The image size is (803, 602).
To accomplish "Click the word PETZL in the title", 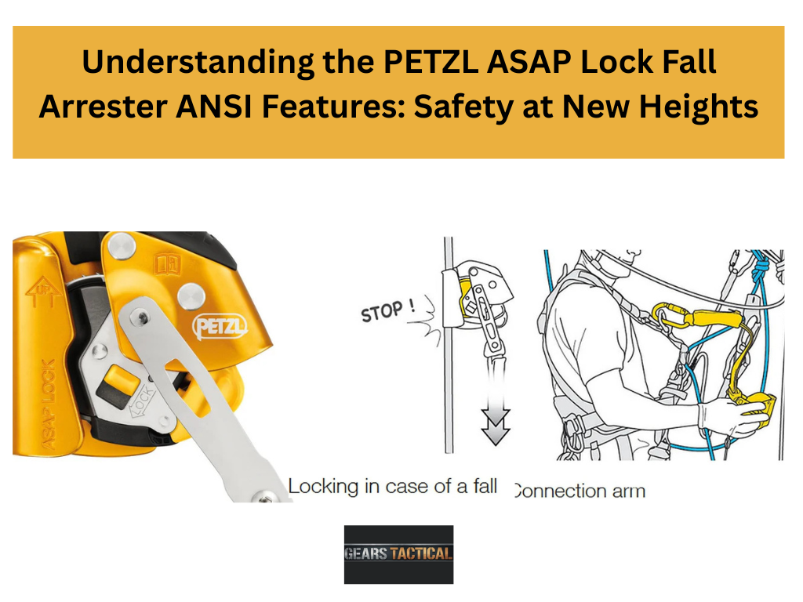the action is [x=431, y=61].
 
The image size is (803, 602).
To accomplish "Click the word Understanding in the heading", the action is [x=198, y=63].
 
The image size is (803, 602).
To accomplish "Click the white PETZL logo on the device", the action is [x=220, y=327].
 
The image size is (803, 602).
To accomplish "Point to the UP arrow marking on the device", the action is [x=43, y=292].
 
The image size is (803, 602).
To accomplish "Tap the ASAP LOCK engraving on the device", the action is [x=48, y=404].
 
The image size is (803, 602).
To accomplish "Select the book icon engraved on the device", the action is [x=169, y=265].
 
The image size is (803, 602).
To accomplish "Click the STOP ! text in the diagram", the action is [x=387, y=310].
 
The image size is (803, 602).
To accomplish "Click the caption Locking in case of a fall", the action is [x=392, y=486].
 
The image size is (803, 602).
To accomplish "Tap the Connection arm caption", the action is [x=580, y=491].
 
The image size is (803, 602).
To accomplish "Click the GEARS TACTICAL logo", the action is [x=398, y=554].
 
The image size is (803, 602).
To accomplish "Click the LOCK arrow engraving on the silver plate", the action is [x=142, y=401].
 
